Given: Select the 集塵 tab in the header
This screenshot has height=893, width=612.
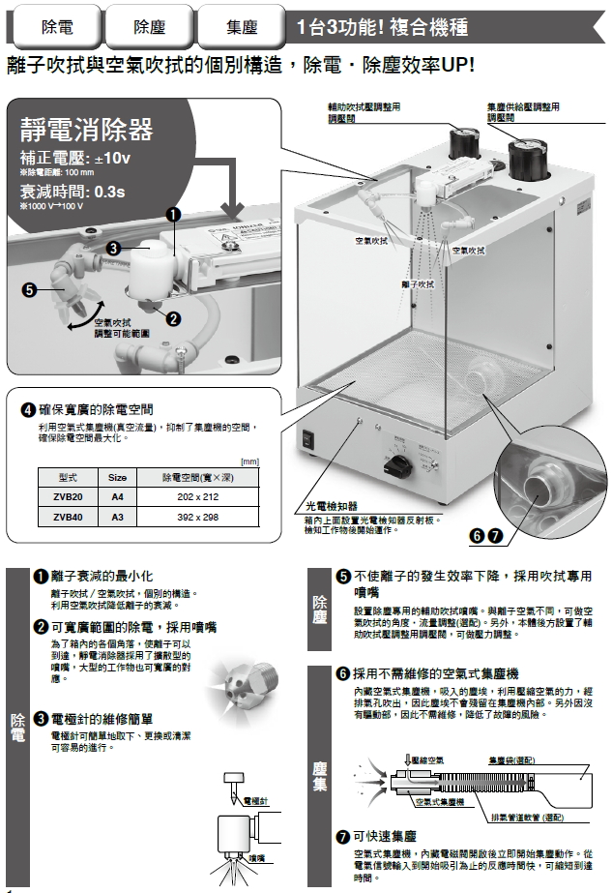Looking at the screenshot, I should coord(241,27).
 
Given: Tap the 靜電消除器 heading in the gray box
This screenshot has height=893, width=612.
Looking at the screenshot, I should coord(86,129).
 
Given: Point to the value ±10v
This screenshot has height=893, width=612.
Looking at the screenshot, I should coord(111,157).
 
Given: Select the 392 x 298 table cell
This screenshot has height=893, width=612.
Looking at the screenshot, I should coord(198,517).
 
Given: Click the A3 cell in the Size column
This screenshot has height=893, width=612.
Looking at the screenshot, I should coord(118,517).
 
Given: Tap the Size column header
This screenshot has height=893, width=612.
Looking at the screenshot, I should coord(118,477).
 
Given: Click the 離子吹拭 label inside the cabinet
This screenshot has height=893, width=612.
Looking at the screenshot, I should coord(418,284).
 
